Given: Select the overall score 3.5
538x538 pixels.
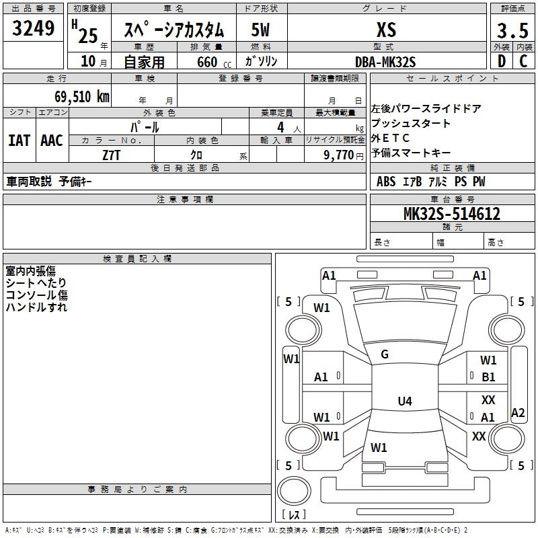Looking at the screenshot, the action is [512, 31].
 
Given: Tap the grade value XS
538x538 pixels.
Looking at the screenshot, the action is [386, 30].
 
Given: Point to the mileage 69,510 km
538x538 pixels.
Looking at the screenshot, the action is [77, 96].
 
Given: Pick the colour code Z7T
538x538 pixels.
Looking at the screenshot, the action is [112, 155].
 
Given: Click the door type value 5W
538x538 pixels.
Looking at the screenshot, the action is [261, 30].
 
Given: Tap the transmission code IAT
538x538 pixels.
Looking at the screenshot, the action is [19, 141].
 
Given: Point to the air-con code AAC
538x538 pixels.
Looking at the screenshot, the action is [51, 141].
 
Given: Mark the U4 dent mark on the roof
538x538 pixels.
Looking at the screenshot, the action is [404, 401].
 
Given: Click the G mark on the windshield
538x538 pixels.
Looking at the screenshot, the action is [385, 354].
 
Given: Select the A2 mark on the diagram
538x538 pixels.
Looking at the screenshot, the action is [518, 413].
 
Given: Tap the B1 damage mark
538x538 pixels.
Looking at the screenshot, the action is [488, 377].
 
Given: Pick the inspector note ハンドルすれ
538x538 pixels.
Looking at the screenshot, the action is [36, 307].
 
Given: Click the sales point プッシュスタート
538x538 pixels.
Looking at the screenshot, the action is [411, 124].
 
